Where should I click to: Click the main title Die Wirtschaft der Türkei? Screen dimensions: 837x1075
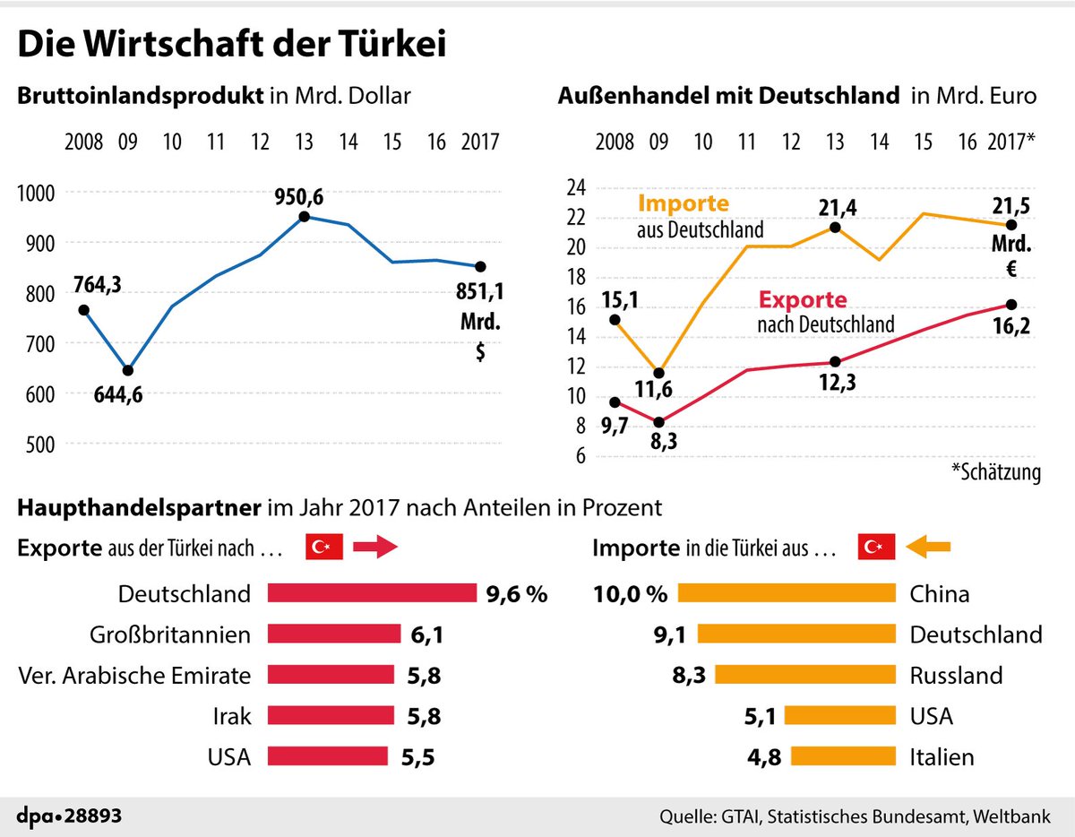(232, 45)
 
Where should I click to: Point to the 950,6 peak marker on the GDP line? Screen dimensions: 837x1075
(305, 217)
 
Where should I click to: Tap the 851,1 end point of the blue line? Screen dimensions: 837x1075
(480, 266)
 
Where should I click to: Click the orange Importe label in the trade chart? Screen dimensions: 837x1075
(684, 204)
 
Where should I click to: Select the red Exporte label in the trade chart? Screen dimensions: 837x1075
(802, 300)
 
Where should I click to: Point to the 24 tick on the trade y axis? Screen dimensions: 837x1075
(575, 187)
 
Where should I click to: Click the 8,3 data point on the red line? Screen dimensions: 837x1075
(659, 422)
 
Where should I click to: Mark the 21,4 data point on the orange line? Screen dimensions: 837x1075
(835, 228)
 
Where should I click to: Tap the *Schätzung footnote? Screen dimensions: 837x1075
(996, 473)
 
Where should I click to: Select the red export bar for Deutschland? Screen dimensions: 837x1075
(372, 593)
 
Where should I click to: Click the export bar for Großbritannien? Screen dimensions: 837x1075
(333, 634)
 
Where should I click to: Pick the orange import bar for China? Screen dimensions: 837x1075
(787, 593)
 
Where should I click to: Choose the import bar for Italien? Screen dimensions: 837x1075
(843, 756)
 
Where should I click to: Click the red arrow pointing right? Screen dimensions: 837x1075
(374, 548)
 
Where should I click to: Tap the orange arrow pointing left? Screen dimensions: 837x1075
(927, 546)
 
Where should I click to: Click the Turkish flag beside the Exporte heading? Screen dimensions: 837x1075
(324, 548)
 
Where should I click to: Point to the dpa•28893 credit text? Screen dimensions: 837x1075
(71, 817)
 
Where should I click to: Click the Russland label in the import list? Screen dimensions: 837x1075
(956, 675)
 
